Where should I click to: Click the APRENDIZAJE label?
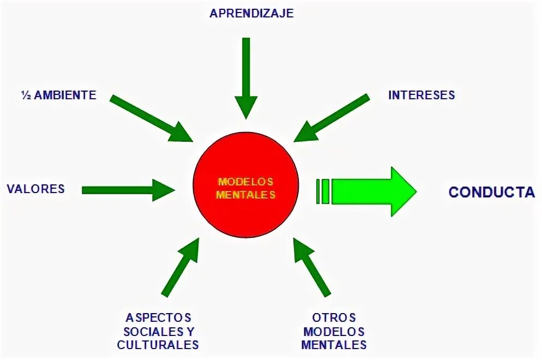[251, 14]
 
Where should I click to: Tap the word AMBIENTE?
[65, 95]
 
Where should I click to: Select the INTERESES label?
[421, 95]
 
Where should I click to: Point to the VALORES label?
[35, 189]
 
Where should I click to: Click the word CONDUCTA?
[491, 192]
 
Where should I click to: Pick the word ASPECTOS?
[158, 317]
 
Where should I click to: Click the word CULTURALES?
[158, 345]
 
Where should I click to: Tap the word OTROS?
[334, 317]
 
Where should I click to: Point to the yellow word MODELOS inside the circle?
[245, 182]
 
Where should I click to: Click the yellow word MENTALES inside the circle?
[245, 195]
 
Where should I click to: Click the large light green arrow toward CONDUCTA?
[371, 191]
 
